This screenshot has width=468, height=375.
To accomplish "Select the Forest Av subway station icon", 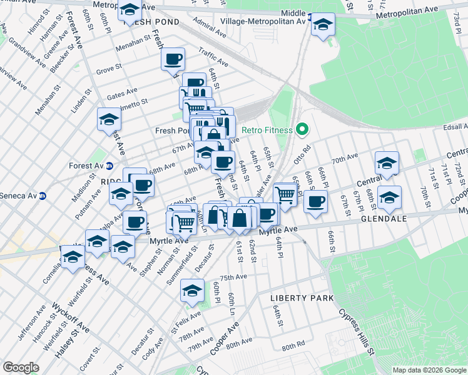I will (109, 166).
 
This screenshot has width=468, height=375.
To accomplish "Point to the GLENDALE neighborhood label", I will (384, 219).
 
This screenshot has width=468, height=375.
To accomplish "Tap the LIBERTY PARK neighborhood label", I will (302, 298).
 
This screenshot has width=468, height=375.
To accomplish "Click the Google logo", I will (21, 367).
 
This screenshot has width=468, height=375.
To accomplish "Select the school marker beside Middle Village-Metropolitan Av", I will (323, 25).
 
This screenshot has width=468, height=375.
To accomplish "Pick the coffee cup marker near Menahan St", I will (173, 60).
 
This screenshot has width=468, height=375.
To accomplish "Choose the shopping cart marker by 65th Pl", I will (285, 194).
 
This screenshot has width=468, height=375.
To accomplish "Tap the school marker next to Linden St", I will (108, 120).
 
